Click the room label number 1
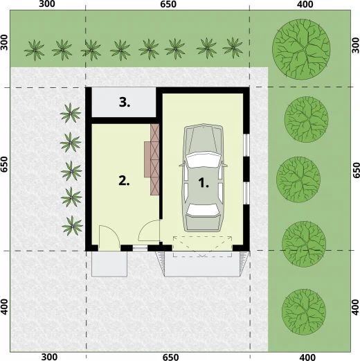click(204, 184)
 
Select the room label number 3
click(125, 103)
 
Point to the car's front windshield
click(204, 159)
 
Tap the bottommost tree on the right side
click(302, 306)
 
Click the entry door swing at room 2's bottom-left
click(107, 237)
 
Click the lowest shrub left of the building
click(70, 224)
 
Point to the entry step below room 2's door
click(109, 263)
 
